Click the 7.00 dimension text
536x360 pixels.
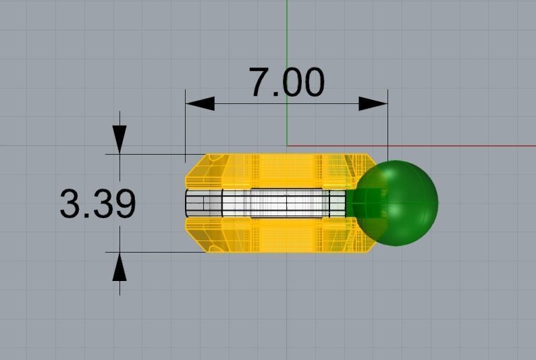click(286, 82)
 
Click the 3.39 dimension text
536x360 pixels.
click(98, 204)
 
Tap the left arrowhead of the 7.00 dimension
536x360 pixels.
click(200, 103)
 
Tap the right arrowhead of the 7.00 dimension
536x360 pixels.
click(373, 103)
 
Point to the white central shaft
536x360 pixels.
click(284, 203)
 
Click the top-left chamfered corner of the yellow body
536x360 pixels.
click(196, 165)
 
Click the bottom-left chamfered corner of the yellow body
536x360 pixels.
click(196, 241)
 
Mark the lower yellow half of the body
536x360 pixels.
click(284, 235)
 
